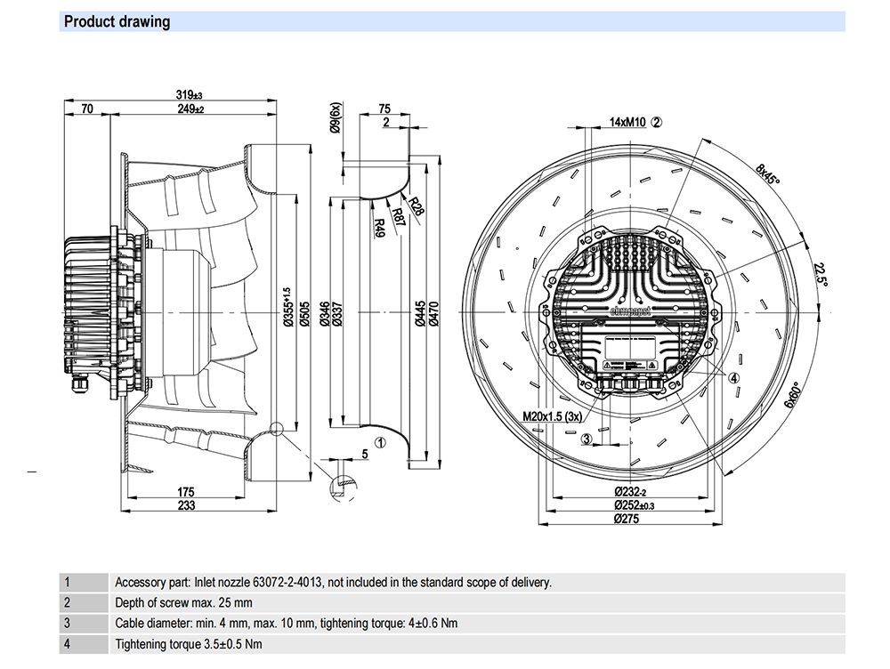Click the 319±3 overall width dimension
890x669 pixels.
(x=189, y=95)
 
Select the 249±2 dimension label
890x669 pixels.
(x=190, y=109)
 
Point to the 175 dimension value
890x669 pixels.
(x=185, y=492)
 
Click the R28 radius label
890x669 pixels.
(x=417, y=207)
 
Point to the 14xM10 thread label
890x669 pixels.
(x=627, y=122)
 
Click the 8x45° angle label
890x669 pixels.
(x=767, y=174)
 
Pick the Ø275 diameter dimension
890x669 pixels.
(x=627, y=520)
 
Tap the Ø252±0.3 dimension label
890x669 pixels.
(x=627, y=506)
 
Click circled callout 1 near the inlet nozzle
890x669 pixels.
(x=379, y=441)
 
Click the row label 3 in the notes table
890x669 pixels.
(x=67, y=624)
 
